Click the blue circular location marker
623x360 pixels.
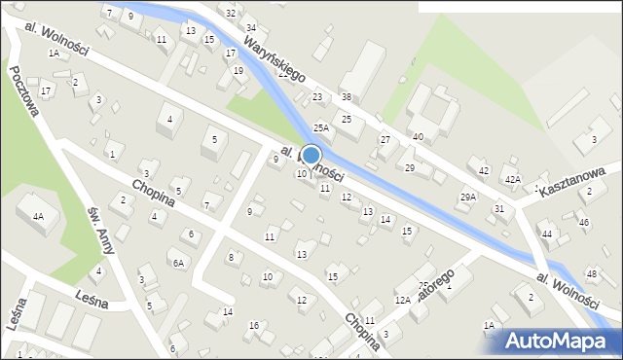pyautogui.click(x=311, y=155)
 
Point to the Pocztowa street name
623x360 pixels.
pyautogui.click(x=26, y=90)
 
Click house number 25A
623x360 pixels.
pyautogui.click(x=320, y=127)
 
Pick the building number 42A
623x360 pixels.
pyautogui.click(x=512, y=179)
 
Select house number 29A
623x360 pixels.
pyautogui.click(x=468, y=197)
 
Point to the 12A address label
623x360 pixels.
pyautogui.click(x=402, y=301)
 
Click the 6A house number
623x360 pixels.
pyautogui.click(x=178, y=263)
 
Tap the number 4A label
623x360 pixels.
pyautogui.click(x=38, y=216)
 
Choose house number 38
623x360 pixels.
pyautogui.click(x=346, y=97)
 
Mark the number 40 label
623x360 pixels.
pyautogui.click(x=418, y=137)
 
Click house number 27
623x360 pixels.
pyautogui.click(x=385, y=140)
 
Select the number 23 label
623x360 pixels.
pyautogui.click(x=317, y=97)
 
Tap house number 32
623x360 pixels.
pyautogui.click(x=230, y=13)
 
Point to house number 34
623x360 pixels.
pyautogui.click(x=250, y=27)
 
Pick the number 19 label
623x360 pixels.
pyautogui.click(x=238, y=70)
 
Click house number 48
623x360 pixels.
pyautogui.click(x=591, y=273)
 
